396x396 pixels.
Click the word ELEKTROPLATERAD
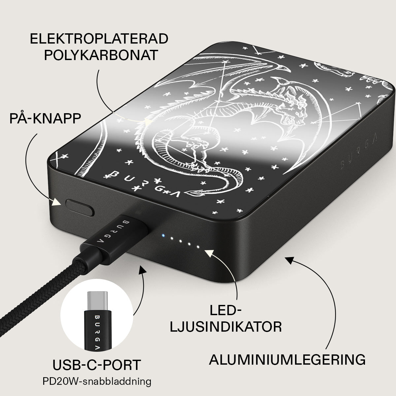tap(99, 39)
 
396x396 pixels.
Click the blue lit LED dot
tap(163, 236)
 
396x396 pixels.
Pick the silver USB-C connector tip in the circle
tap(97, 301)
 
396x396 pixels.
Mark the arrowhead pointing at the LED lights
tap(209, 253)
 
